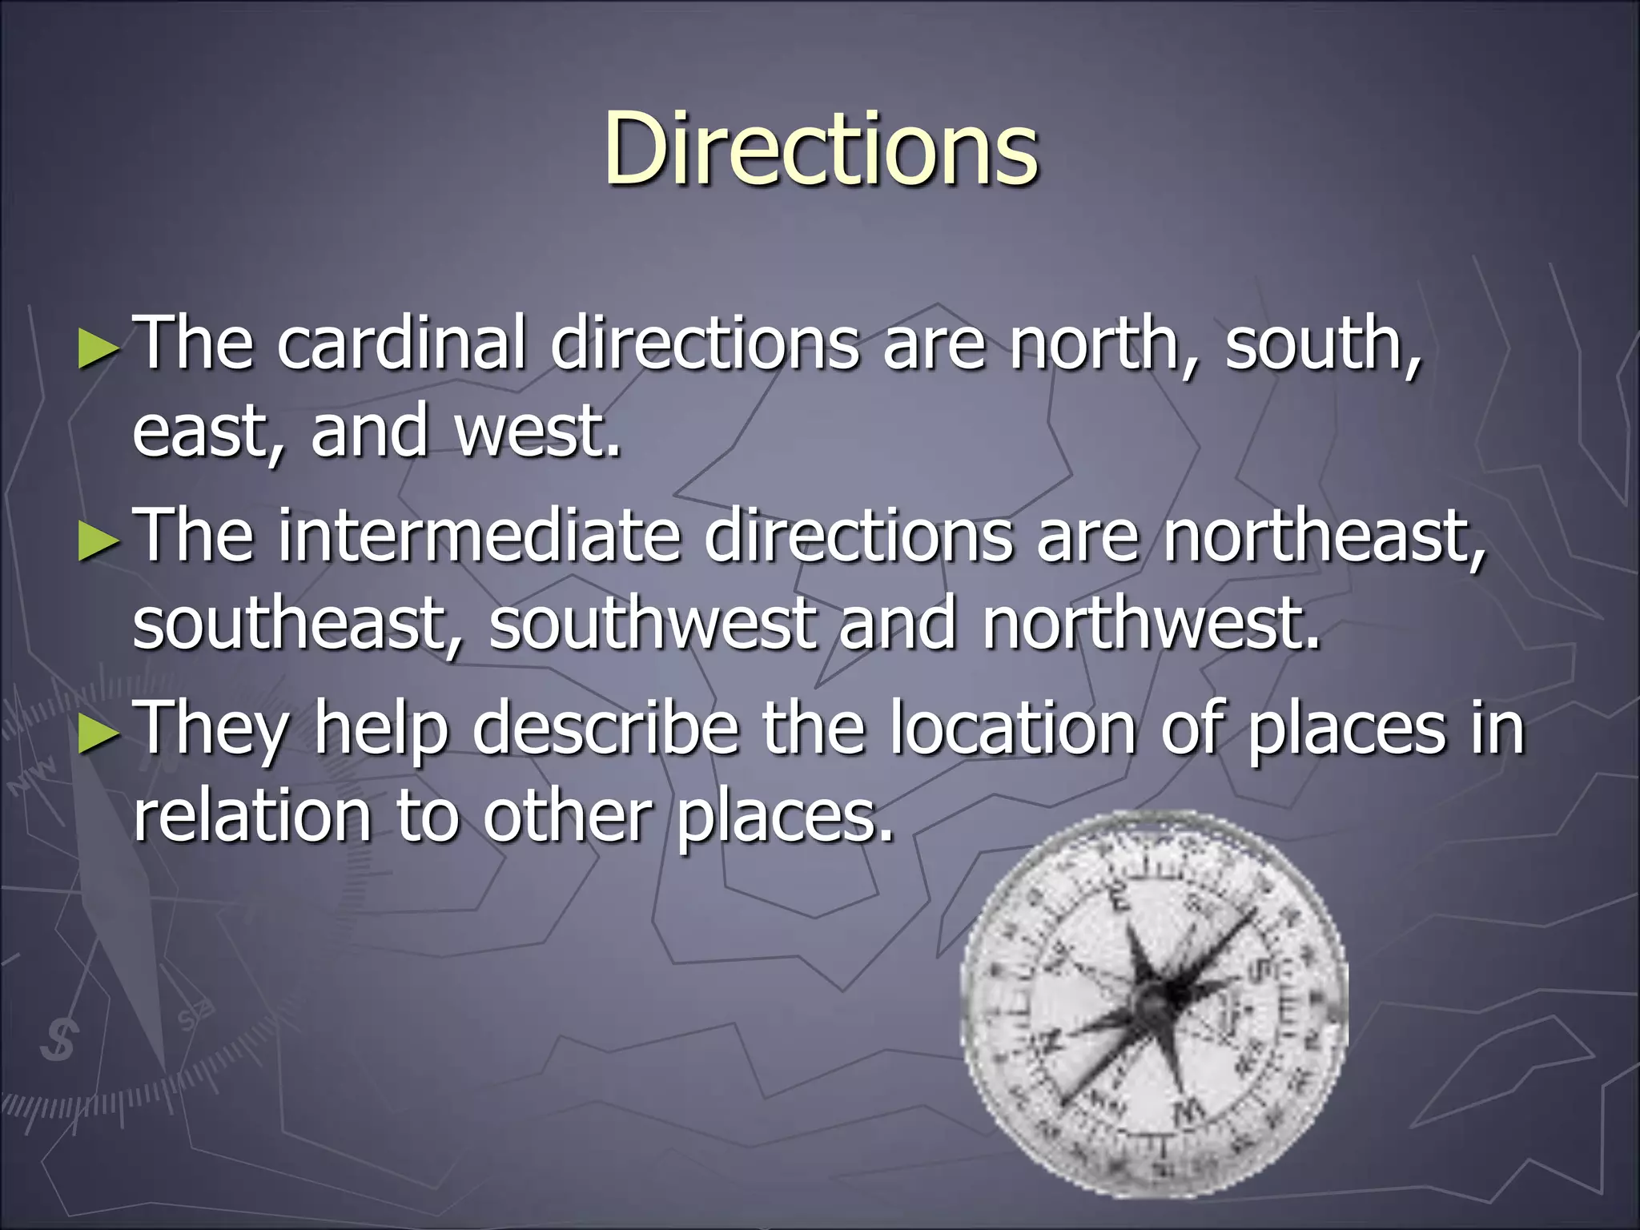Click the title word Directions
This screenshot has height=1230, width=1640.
[x=821, y=150]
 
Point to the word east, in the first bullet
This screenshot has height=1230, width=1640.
[x=209, y=432]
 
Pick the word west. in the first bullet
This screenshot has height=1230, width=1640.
[x=537, y=432]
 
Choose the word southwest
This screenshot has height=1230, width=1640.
[x=653, y=625]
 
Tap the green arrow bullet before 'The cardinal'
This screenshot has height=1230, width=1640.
[x=98, y=351]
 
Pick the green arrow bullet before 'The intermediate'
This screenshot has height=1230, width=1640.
[x=98, y=543]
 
